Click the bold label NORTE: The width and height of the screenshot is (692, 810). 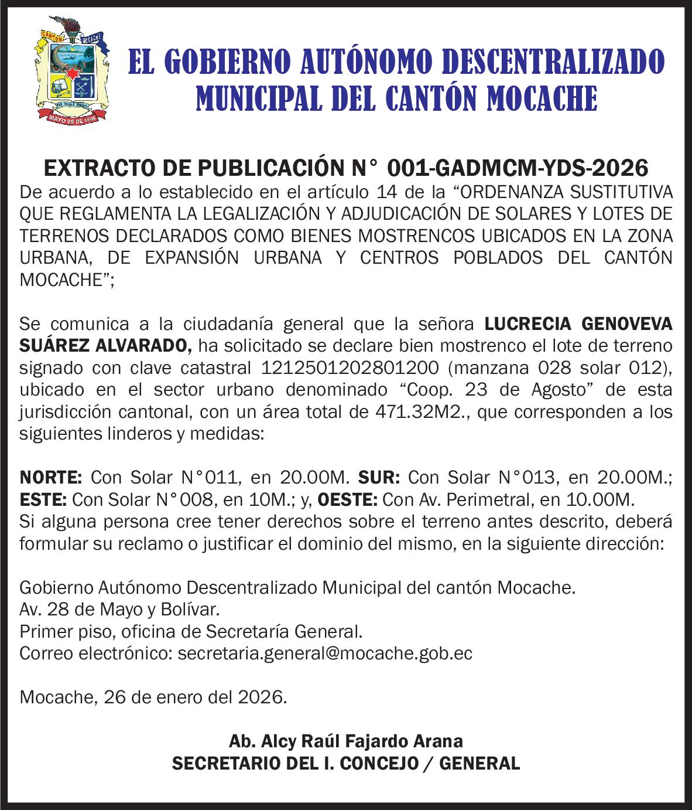coord(52,478)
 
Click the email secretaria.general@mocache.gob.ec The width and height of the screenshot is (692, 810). coord(324,654)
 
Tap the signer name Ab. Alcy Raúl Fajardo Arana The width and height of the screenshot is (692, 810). coord(345,741)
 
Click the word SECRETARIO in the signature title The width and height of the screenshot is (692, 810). coord(229,764)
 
